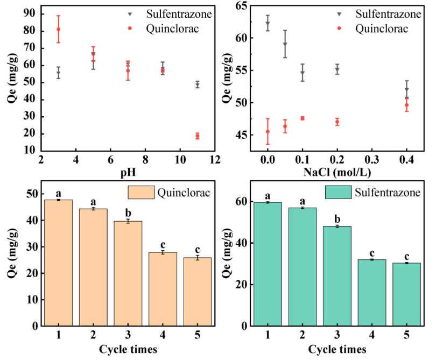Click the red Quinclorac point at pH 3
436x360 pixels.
point(58,29)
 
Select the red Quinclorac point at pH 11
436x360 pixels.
point(197,136)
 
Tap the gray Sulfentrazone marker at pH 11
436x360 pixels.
point(197,84)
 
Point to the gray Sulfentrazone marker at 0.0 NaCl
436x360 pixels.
point(268,23)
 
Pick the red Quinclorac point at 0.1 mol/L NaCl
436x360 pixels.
point(303,118)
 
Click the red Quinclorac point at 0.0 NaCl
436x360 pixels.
point(268,131)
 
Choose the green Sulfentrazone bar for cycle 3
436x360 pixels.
point(336,276)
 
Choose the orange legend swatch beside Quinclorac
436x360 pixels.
point(140,193)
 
